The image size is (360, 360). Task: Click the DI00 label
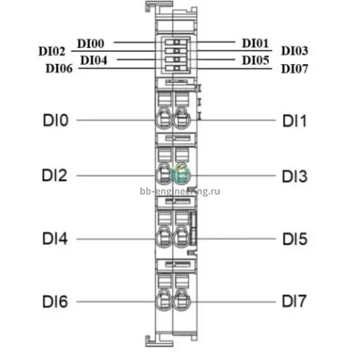click(90, 43)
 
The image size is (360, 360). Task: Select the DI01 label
click(255, 43)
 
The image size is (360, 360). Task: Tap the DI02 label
click(52, 51)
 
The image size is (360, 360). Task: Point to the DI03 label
click(294, 50)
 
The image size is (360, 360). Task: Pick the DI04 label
click(94, 60)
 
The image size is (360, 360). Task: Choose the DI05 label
click(255, 60)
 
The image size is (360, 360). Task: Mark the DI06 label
click(59, 69)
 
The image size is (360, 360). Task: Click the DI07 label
click(294, 69)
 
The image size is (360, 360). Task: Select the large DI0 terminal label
click(56, 120)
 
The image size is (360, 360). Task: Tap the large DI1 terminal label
click(294, 121)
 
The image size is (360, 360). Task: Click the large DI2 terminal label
click(54, 175)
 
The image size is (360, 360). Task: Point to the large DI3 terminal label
click(294, 176)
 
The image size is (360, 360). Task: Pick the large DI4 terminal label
click(55, 238)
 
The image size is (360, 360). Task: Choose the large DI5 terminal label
click(295, 238)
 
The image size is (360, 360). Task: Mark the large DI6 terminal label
click(55, 302)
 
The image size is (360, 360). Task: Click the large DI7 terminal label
click(294, 302)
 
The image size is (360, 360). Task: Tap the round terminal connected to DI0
click(164, 119)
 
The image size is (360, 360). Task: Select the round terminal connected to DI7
click(182, 301)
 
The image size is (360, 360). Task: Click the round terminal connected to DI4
click(164, 238)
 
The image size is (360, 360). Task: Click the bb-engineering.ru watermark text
click(180, 191)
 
